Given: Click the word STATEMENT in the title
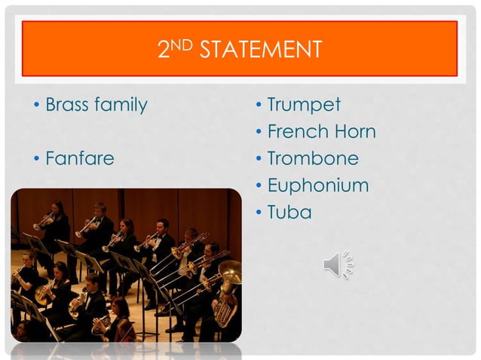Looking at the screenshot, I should coord(261,50).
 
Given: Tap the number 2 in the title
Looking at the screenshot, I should coord(164,50).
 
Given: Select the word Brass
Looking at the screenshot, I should coord(68,105).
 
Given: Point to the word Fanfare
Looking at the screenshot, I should coord(80,159).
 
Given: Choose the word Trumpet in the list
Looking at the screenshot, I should coord(304,105).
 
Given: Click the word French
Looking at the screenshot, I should coord(295,132).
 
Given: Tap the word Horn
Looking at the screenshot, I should coord(351,132).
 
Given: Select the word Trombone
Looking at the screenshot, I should coord(313,159).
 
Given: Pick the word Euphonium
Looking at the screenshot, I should coord(318,186).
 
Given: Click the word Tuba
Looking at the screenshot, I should coord(289,213).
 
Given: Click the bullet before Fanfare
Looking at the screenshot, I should coord(35,160).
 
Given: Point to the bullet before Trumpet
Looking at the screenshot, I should coord(258,105).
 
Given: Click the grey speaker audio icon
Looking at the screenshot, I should coord(337,264).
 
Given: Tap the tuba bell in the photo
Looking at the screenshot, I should coord(229,273).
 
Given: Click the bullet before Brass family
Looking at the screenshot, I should coord(35,105).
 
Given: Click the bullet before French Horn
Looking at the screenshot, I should coord(258,133).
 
